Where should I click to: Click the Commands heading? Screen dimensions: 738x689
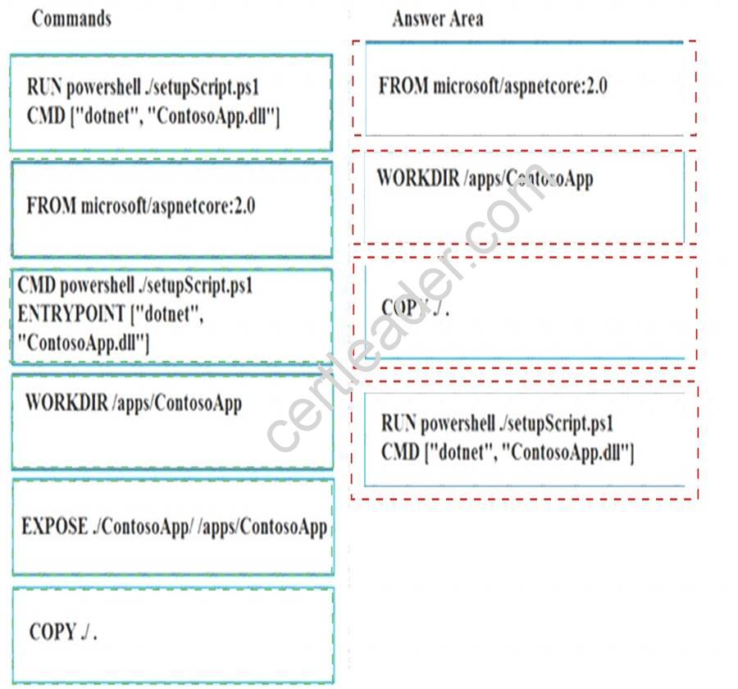pyautogui.click(x=71, y=19)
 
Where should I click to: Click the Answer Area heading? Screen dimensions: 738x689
pyautogui.click(x=438, y=19)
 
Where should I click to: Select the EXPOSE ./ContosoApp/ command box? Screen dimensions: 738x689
pyautogui.click(x=173, y=527)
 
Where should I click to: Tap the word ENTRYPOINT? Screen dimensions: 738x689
pyautogui.click(x=71, y=313)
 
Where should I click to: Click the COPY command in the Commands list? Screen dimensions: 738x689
pyautogui.click(x=173, y=636)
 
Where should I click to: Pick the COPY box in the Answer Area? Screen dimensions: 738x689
pyautogui.click(x=525, y=312)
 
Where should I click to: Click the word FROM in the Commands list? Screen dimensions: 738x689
pyautogui.click(x=51, y=206)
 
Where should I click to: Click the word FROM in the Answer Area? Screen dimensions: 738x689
pyautogui.click(x=403, y=86)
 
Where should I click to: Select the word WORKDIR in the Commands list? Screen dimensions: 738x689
pyautogui.click(x=66, y=403)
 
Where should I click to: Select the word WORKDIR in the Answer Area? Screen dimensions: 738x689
pyautogui.click(x=418, y=178)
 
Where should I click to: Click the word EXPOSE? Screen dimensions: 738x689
pyautogui.click(x=54, y=526)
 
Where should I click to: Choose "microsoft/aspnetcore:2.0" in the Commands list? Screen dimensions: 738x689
pyautogui.click(x=168, y=207)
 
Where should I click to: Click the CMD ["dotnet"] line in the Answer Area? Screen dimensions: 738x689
pyautogui.click(x=508, y=453)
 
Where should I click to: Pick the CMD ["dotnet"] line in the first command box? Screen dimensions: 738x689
pyautogui.click(x=153, y=116)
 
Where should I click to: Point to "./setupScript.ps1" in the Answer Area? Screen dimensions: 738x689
pyautogui.click(x=556, y=424)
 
